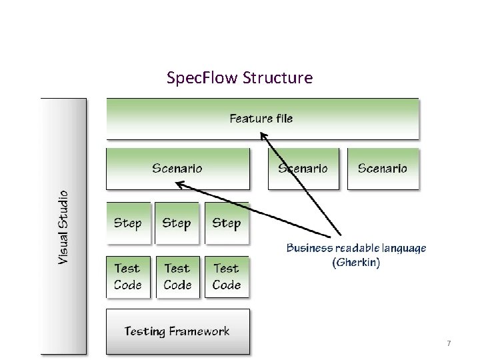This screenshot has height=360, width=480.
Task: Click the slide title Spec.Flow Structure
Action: point(239,78)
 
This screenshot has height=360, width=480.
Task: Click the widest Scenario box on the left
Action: point(177,169)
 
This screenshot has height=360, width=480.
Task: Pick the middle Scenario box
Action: point(303,169)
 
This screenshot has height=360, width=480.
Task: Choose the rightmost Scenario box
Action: point(382,169)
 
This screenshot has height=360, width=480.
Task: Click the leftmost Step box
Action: point(127,223)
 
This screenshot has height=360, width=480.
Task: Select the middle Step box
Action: point(177,223)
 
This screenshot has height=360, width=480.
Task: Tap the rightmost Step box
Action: point(227,223)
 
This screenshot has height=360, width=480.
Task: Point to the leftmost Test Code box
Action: point(127,277)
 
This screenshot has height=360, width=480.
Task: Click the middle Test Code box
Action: point(177,277)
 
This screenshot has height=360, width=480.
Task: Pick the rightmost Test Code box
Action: point(227,277)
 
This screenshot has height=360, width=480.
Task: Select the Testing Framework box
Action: point(177,331)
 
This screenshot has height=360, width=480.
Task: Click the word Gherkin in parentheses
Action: point(356,263)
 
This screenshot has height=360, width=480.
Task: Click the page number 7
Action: point(449,343)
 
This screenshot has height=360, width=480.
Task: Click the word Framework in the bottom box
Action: point(199,331)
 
